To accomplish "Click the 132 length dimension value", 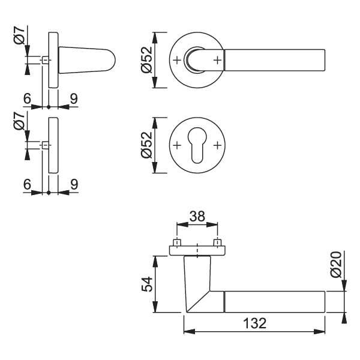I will (254, 323).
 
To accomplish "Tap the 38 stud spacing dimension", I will (196, 217).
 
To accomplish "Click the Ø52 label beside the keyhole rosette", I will (146, 146).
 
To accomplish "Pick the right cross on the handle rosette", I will (217, 61).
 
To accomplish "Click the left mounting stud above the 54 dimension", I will (177, 243).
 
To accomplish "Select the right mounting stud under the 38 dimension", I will (217, 243).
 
